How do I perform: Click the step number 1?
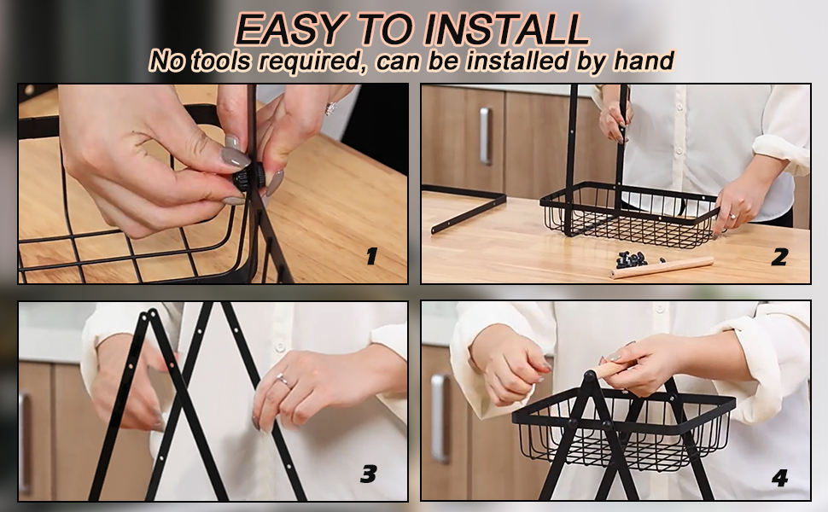372,257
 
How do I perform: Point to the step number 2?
779,257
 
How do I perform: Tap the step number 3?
368,474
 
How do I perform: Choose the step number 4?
779,478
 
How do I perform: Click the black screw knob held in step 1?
248,177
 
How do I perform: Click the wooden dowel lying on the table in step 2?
662,267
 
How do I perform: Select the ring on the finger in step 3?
283,380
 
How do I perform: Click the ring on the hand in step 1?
330,108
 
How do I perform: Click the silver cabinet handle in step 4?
440,418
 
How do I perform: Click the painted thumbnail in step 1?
235,157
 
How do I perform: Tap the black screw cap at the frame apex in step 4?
589,375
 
